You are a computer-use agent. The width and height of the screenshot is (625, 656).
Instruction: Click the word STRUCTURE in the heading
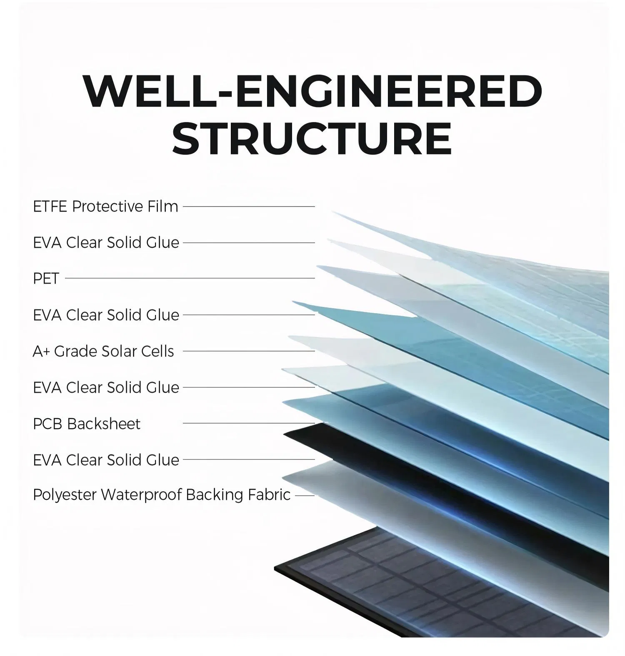click(312, 138)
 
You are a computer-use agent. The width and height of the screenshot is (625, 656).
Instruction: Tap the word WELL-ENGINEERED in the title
click(312, 92)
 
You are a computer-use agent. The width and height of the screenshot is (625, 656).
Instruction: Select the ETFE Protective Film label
click(105, 207)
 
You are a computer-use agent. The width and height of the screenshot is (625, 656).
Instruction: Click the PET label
click(46, 279)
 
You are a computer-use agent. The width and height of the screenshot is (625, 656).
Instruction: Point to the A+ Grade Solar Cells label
click(103, 352)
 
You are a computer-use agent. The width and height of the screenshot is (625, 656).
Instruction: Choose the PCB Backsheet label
click(87, 424)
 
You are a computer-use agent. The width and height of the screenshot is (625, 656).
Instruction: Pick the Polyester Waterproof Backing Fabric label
click(162, 495)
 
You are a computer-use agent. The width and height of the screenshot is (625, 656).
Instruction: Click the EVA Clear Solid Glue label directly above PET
click(106, 243)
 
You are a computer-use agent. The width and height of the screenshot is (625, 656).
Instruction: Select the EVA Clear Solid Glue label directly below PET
click(106, 315)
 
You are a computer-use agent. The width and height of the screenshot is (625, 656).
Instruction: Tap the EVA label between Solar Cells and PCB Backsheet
click(106, 388)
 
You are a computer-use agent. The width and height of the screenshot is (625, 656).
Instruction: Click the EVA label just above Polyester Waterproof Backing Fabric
click(106, 460)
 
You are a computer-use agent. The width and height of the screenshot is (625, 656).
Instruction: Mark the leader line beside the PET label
click(190, 278)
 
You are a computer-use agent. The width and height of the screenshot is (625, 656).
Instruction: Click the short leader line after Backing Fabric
click(305, 496)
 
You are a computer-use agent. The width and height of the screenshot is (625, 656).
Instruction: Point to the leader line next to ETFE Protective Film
click(249, 206)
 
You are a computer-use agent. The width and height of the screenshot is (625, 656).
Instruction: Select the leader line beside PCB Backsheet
click(249, 423)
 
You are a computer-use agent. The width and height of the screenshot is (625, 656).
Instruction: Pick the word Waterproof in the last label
click(142, 495)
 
